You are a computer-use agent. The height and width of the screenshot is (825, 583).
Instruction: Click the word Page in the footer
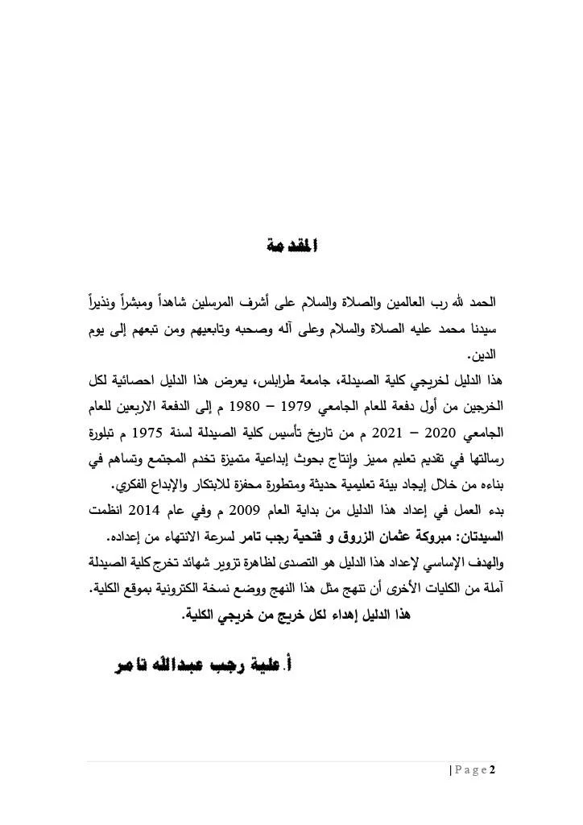point(470,769)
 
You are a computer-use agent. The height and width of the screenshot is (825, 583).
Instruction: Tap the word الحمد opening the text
point(483,306)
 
